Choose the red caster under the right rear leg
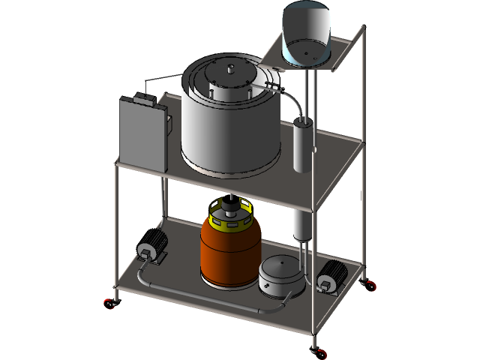pos(369,284)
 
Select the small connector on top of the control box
pos(145,98)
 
